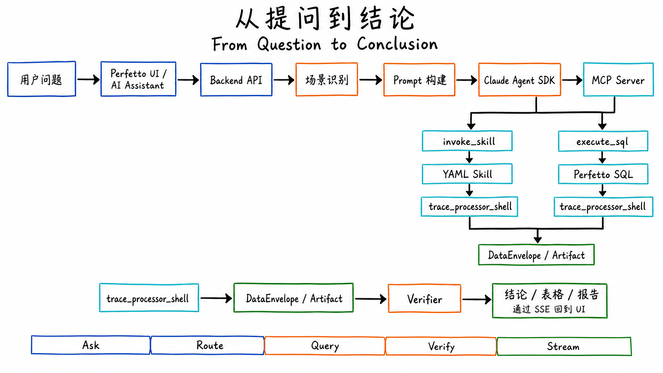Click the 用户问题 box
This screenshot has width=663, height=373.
41,79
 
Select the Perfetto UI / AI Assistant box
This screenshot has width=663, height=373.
138,79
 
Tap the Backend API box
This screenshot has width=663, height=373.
236,80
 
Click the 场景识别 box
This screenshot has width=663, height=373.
327,80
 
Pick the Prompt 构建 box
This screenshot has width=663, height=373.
419,80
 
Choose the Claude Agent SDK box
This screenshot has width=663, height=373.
519,80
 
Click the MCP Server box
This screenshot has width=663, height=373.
618,80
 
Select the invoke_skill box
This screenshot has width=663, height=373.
467,141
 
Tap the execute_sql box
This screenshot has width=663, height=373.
603,141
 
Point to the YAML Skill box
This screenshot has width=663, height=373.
467,174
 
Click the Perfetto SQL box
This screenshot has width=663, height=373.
603,175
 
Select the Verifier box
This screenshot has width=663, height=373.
424,299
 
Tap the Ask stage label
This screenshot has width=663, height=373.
91,345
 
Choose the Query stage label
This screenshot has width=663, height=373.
325,346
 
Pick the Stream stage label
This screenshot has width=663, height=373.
564,346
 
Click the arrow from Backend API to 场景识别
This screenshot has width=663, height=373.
284,80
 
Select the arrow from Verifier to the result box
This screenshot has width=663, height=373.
477,299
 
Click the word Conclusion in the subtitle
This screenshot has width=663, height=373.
397,44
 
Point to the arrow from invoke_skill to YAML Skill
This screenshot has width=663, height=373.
469,157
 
